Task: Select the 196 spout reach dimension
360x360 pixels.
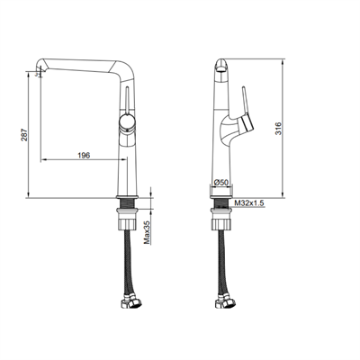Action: pyautogui.click(x=82, y=155)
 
